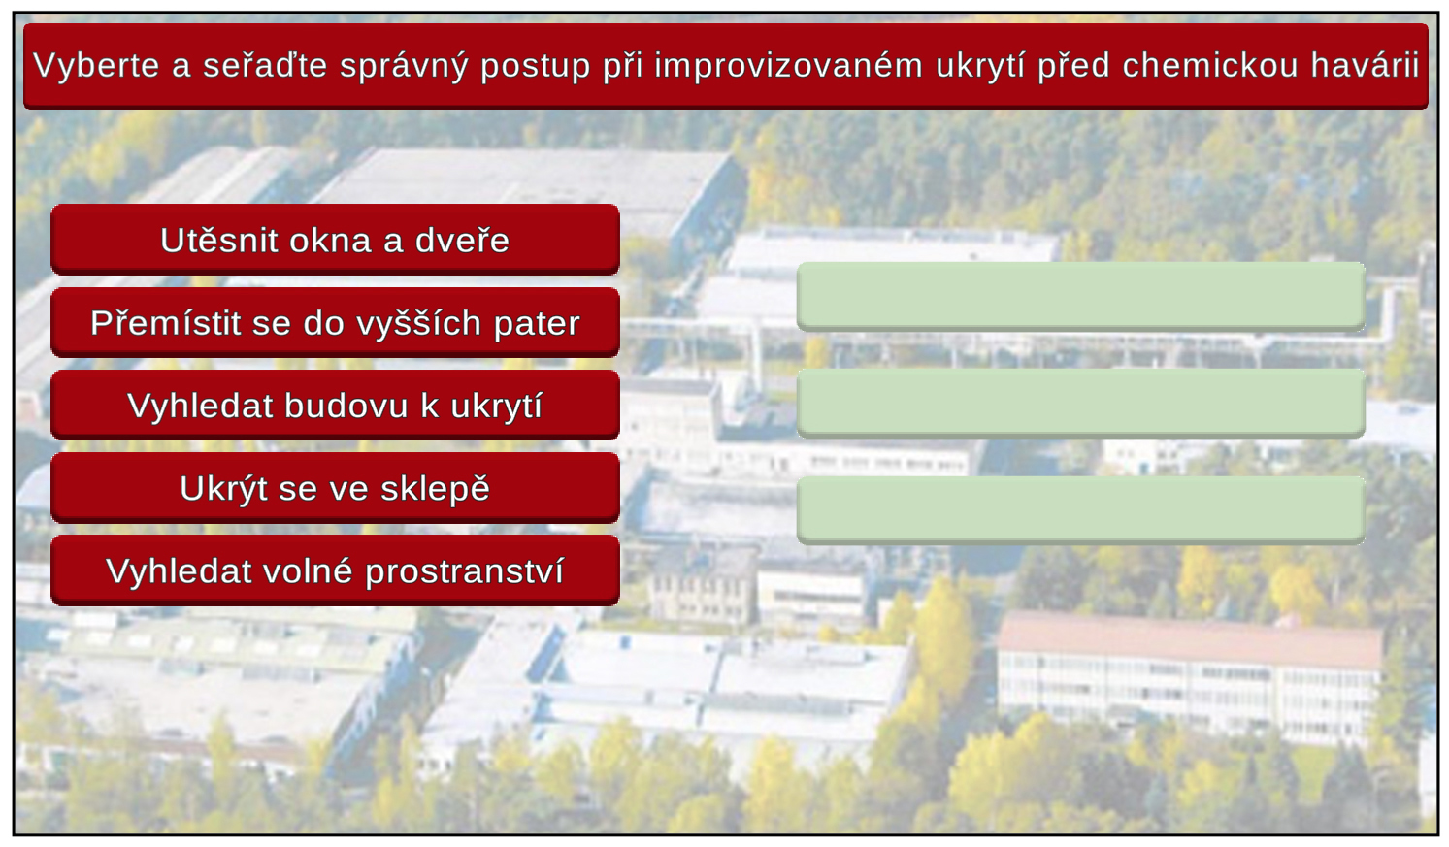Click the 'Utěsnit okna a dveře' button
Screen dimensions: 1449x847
(x=335, y=240)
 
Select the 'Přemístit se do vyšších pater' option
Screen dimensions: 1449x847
(x=335, y=322)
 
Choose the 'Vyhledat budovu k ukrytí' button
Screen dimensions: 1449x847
(x=335, y=405)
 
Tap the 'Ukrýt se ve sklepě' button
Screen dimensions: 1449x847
(x=335, y=487)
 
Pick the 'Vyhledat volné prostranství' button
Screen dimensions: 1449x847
(x=335, y=570)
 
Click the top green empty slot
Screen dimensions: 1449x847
(x=1081, y=297)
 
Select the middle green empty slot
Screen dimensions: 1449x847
(x=1081, y=404)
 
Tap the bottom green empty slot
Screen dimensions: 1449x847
(x=1081, y=510)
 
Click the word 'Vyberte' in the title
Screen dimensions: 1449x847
(x=96, y=66)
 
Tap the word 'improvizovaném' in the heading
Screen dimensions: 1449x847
(x=788, y=65)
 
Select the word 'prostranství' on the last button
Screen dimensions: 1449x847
(x=465, y=572)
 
